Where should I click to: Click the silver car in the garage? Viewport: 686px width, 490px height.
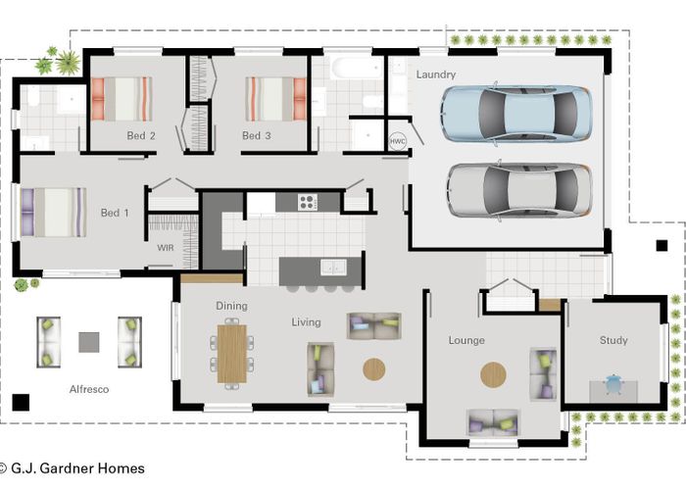click(518, 190)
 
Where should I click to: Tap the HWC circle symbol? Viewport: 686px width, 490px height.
click(397, 140)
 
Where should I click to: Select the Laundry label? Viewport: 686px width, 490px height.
click(436, 74)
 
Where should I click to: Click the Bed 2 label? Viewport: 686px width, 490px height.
click(141, 135)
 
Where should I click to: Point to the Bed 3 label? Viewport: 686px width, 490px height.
click(257, 135)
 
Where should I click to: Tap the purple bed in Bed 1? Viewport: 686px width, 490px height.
click(54, 212)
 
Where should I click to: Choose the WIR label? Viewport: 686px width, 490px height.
click(166, 248)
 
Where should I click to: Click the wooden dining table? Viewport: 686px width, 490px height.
click(232, 353)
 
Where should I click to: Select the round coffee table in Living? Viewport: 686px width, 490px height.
click(374, 369)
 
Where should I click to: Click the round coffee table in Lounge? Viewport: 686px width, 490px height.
click(494, 374)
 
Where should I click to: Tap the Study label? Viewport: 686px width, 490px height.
click(613, 340)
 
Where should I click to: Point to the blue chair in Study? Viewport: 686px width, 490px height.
click(613, 383)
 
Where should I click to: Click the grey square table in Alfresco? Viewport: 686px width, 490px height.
click(89, 342)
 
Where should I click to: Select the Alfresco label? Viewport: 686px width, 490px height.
click(89, 389)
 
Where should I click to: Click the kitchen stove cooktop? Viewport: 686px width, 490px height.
click(308, 203)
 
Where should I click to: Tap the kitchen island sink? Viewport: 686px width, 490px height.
click(333, 267)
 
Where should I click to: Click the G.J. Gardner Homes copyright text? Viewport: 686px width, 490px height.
click(73, 468)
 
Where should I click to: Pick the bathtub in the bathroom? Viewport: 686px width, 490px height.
click(357, 70)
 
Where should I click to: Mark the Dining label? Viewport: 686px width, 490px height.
click(231, 306)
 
